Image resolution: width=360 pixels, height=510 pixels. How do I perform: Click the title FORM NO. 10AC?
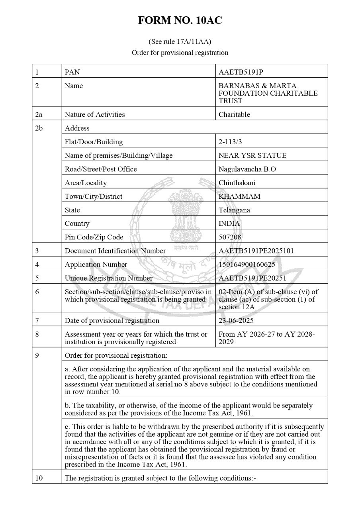(x=180, y=21)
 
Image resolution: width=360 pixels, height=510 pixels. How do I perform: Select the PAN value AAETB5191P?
(x=241, y=72)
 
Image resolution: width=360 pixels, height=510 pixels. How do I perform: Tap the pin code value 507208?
(x=230, y=237)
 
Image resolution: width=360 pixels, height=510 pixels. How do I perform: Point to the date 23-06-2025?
(x=236, y=320)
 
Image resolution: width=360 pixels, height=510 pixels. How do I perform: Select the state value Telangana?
(x=235, y=210)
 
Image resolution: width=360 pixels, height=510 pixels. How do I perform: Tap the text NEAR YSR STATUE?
(x=252, y=155)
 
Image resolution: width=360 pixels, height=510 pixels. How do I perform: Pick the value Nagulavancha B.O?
(x=247, y=169)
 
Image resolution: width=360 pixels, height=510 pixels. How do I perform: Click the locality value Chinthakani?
(x=237, y=183)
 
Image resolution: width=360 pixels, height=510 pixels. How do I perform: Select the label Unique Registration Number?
(x=109, y=278)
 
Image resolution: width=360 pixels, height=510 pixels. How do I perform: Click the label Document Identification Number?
(x=115, y=251)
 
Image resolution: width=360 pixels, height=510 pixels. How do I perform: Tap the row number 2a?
(x=39, y=114)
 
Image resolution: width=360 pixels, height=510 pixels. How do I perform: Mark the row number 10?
(x=39, y=478)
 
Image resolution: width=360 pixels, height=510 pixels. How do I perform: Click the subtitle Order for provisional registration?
(x=180, y=53)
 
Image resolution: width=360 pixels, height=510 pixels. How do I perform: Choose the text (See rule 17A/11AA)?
(x=180, y=41)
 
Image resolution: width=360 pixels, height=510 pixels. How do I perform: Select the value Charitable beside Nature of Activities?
(x=234, y=114)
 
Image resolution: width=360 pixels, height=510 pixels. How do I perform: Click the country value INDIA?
(x=229, y=224)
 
